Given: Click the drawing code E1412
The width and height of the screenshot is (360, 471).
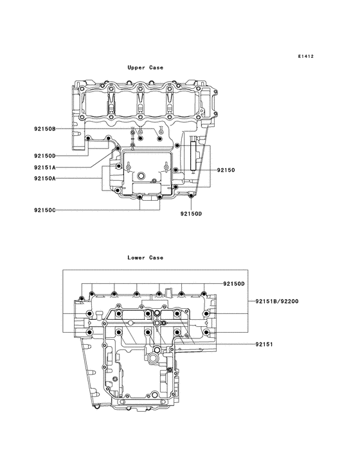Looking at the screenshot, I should (x=305, y=57).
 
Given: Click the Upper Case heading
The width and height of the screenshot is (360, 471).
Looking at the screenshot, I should (x=145, y=68).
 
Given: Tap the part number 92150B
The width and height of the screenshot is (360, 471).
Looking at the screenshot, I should (x=45, y=129).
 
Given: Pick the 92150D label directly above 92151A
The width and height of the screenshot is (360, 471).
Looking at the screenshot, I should (x=45, y=156).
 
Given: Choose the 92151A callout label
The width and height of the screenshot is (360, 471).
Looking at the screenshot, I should (x=45, y=167).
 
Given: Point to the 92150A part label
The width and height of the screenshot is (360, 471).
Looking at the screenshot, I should (x=45, y=178).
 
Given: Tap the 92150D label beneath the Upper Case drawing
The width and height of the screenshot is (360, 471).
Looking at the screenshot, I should (x=191, y=214).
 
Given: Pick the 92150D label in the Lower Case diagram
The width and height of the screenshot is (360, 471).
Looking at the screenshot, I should (x=235, y=284).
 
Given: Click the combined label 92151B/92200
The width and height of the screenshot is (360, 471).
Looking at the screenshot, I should (x=276, y=301).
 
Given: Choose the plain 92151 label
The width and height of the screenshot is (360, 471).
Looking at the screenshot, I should (x=264, y=344).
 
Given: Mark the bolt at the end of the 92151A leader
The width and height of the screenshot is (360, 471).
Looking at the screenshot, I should (x=118, y=149).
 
